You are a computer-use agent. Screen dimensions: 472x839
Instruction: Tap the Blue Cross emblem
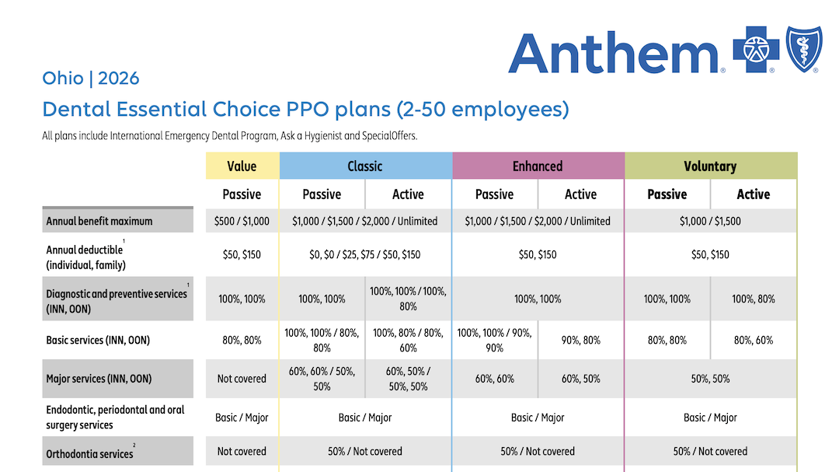tap(756, 49)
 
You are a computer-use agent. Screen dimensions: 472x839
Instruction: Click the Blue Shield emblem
tap(803, 49)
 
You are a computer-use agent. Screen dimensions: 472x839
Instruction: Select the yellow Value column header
tap(242, 166)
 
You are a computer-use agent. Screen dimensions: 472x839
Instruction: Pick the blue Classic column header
tap(365, 166)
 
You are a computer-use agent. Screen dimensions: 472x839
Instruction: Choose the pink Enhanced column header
tap(538, 166)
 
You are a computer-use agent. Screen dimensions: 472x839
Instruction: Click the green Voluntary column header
tap(710, 166)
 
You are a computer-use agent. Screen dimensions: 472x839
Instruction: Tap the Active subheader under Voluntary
tap(753, 194)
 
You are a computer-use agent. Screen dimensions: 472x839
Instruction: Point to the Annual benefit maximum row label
tap(99, 221)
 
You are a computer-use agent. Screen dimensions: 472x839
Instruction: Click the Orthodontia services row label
tap(89, 453)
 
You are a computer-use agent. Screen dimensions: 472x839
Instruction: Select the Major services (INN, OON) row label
tap(99, 379)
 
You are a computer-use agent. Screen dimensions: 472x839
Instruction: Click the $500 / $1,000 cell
tap(242, 221)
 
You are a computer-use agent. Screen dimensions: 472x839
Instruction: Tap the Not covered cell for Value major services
tap(242, 379)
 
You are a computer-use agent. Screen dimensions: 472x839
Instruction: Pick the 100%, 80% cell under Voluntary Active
tap(753, 299)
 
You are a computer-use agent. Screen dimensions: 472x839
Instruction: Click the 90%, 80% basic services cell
tap(580, 340)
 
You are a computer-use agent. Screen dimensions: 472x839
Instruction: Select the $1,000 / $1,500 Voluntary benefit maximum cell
tap(710, 221)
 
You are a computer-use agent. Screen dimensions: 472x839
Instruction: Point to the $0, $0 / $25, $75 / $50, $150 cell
tap(365, 254)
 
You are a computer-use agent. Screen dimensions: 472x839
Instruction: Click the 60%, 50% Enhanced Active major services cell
tap(580, 379)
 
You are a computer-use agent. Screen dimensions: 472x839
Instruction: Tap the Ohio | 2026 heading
tap(91, 79)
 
